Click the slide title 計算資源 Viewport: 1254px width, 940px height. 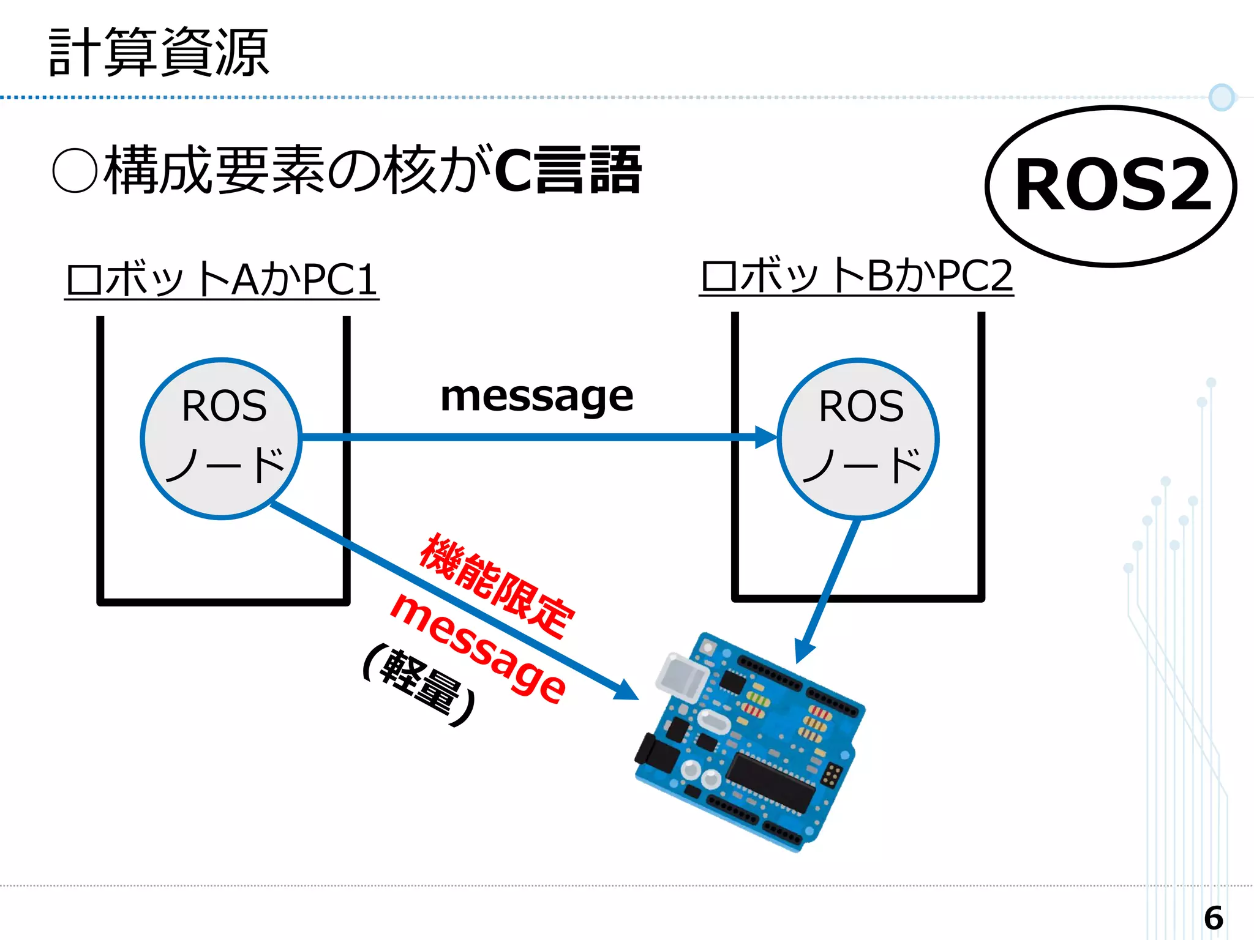(159, 53)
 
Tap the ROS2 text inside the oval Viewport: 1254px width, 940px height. (1113, 185)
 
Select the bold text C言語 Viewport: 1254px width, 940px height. (567, 171)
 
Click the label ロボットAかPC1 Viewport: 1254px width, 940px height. (222, 280)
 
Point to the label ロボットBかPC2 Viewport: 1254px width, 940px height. (856, 276)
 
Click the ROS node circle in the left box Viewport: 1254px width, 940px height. (221, 438)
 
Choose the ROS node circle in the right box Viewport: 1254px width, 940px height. (858, 438)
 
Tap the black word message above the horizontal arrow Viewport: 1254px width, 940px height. (536, 397)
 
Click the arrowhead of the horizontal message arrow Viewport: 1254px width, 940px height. (765, 437)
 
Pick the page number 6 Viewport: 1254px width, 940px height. (1213, 918)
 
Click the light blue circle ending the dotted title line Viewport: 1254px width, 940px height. (1222, 97)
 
